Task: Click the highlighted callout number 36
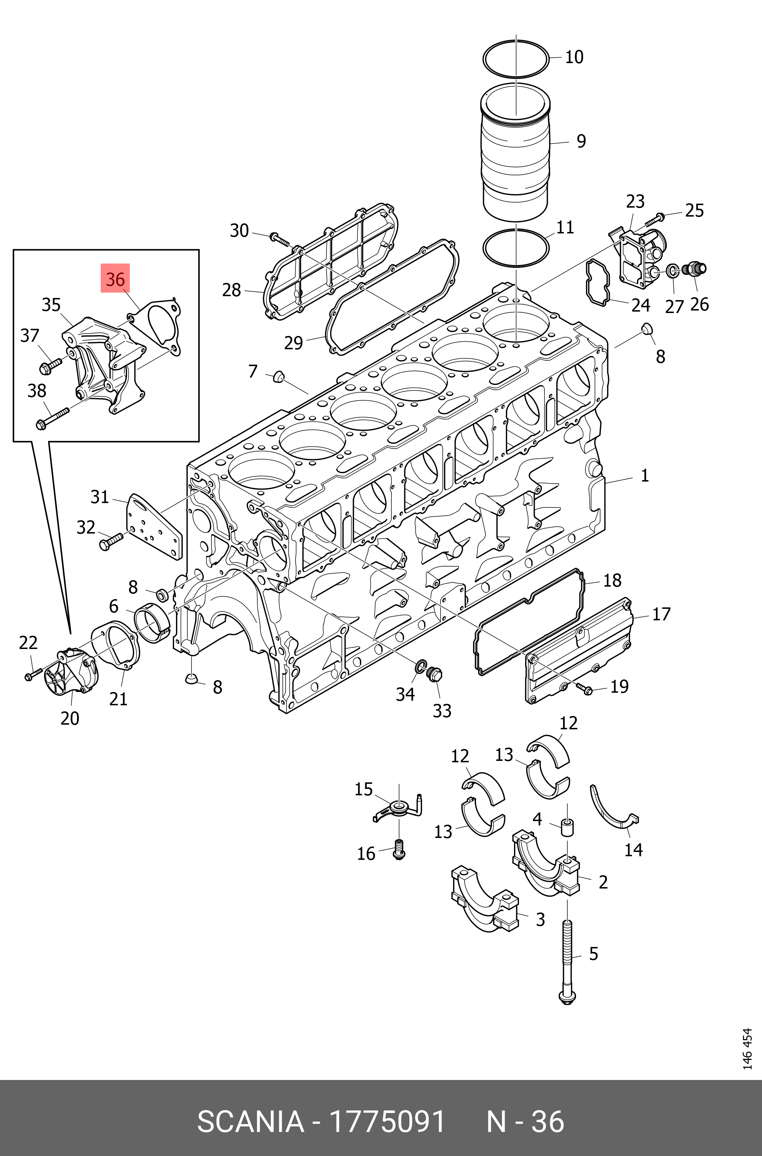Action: tap(115, 279)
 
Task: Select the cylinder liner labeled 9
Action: tap(516, 156)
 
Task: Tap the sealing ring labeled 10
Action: tap(516, 59)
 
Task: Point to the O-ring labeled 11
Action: tap(516, 247)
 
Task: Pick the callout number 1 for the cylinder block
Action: tap(644, 475)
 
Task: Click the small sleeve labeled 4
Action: tap(567, 827)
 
